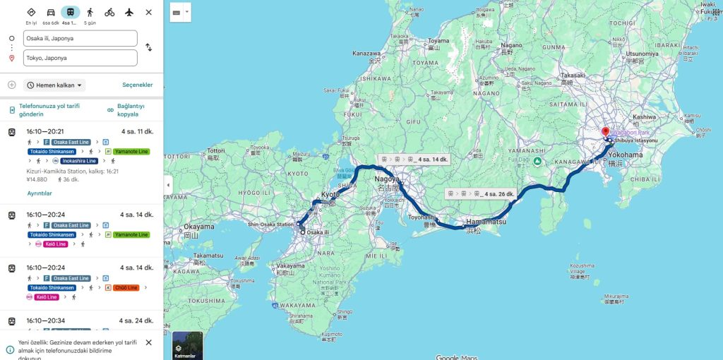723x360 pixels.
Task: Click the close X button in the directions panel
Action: (x=148, y=12)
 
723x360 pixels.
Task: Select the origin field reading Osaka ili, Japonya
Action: (x=80, y=38)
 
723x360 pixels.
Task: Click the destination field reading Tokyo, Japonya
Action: (x=80, y=58)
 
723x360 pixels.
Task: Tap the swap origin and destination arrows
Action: (x=148, y=47)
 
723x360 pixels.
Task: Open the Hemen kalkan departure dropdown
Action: (x=55, y=85)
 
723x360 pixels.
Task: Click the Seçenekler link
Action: (x=137, y=85)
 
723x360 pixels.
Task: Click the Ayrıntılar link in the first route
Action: (x=40, y=193)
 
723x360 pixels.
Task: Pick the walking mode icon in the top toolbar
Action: (x=90, y=12)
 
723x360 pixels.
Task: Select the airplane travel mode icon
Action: (x=129, y=12)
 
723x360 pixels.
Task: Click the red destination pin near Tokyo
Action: (x=605, y=132)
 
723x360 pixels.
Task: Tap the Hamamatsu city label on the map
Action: (x=486, y=222)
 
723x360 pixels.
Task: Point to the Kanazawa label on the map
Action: (x=366, y=53)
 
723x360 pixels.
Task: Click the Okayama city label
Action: (x=198, y=227)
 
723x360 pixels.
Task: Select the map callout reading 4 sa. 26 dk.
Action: (x=482, y=193)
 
